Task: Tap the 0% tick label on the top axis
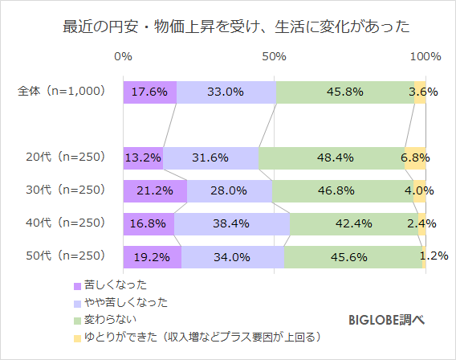point(124,57)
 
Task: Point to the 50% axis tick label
point(275,57)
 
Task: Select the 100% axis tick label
point(425,57)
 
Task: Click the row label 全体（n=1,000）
point(62,92)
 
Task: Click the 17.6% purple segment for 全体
point(150,92)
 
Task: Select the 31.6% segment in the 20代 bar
point(210,157)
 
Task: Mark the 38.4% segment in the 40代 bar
point(232,223)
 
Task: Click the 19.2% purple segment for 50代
point(153,256)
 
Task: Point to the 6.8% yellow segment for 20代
point(415,157)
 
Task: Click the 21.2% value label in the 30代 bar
point(155,190)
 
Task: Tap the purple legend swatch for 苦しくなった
point(78,285)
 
